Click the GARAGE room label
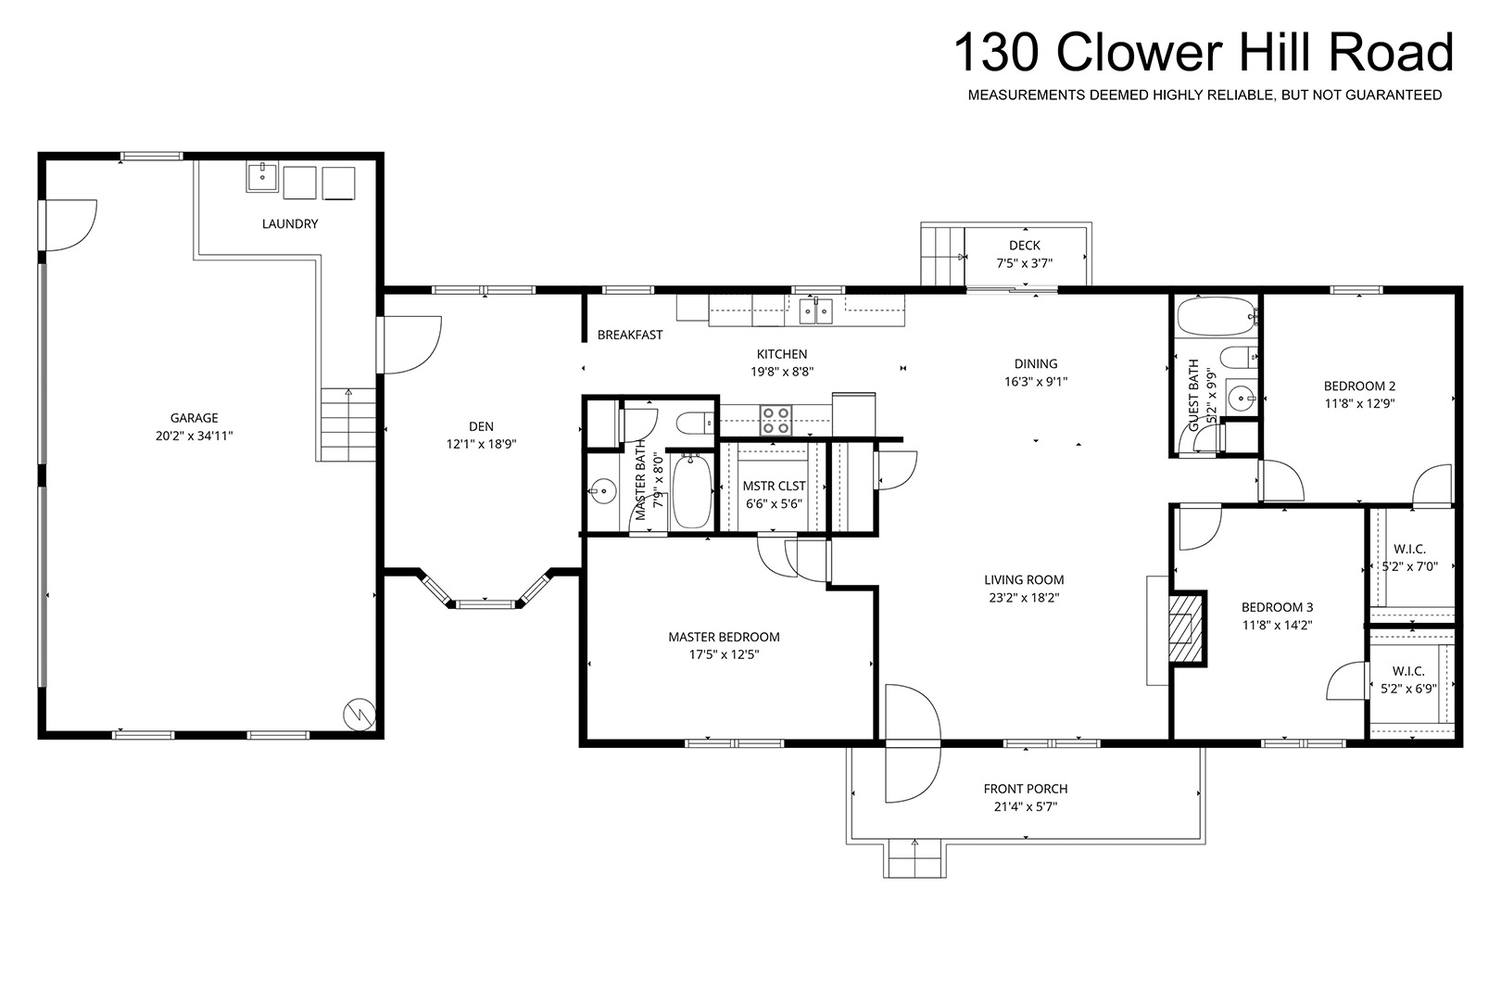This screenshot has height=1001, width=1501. [x=194, y=418]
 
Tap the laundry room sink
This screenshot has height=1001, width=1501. [x=262, y=178]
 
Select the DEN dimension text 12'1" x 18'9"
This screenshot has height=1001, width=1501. [x=481, y=444]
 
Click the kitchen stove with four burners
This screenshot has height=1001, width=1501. [x=776, y=421]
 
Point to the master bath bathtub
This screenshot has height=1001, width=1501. [x=691, y=491]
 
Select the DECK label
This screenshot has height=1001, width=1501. [x=1025, y=246]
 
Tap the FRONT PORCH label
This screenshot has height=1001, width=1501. [x=1026, y=789]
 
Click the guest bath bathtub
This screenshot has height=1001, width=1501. [x=1217, y=316]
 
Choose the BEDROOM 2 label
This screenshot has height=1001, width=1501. [x=1359, y=386]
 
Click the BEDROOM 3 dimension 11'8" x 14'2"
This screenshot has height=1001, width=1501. [x=1277, y=625]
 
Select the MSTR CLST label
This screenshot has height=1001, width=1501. [x=774, y=486]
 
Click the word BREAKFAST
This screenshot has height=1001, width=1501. [x=630, y=335]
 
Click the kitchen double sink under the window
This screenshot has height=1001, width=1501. [x=816, y=310]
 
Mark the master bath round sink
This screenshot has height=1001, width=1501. [x=604, y=491]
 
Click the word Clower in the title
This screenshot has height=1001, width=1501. [x=1140, y=52]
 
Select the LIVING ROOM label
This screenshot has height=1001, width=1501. [x=1024, y=579]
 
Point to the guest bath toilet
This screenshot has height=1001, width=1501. [x=1239, y=358]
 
